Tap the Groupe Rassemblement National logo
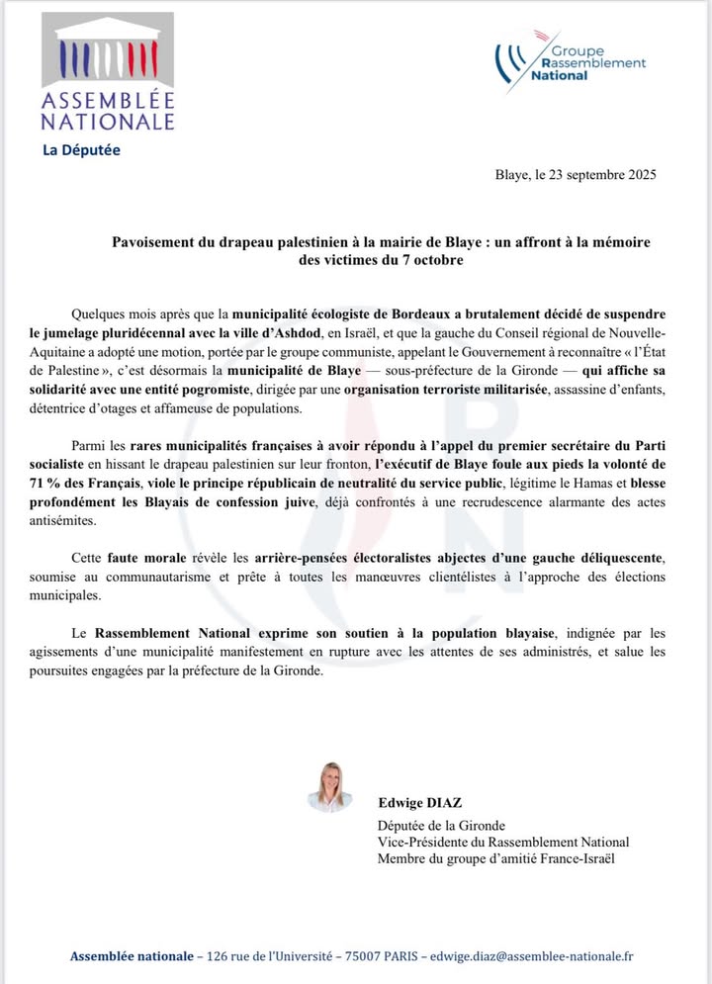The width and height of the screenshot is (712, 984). [573, 61]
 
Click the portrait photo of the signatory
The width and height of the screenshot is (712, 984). [329, 786]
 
